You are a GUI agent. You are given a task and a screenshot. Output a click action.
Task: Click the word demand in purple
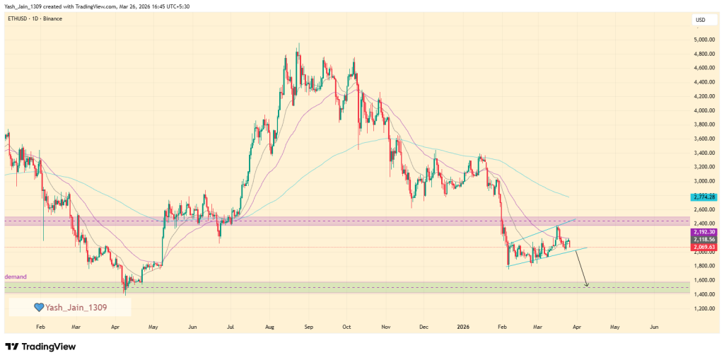(16, 277)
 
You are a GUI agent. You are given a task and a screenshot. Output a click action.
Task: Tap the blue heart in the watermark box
(39, 308)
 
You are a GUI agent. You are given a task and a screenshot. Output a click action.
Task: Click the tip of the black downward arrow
(588, 287)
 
